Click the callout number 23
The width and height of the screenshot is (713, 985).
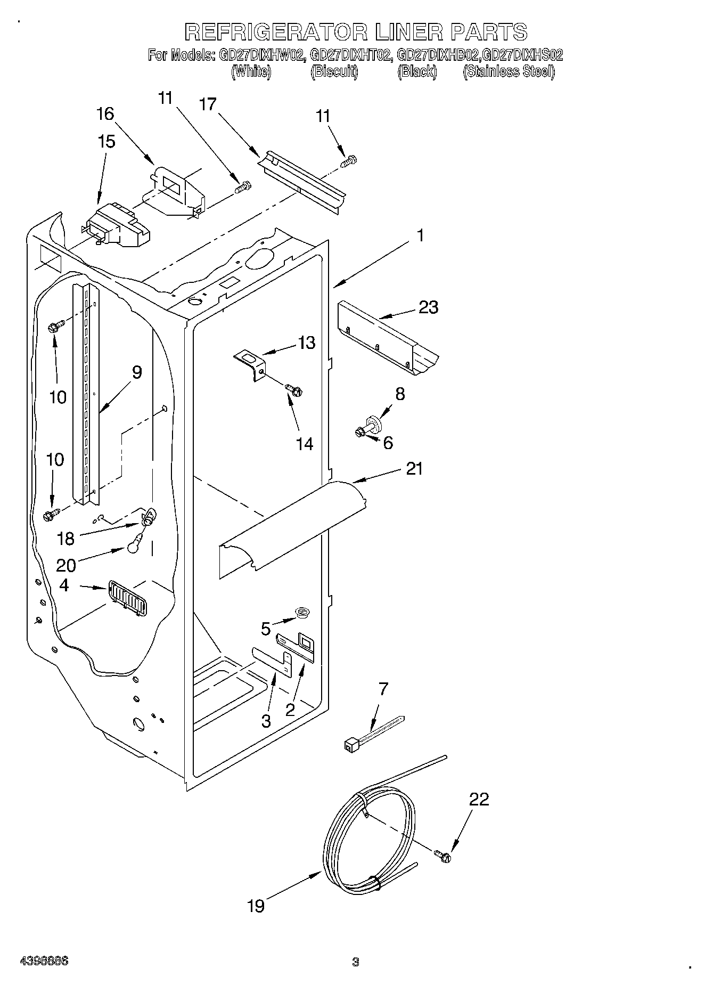pos(429,307)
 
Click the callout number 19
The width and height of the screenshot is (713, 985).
pos(256,906)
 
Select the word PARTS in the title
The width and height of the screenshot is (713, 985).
pos(488,32)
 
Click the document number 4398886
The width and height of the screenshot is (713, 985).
pos(44,962)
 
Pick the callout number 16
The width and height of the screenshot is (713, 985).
pos(105,113)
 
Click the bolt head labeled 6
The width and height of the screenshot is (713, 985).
pos(360,432)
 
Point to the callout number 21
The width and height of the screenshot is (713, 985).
pos(414,468)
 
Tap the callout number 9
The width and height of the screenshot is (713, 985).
pos(137,372)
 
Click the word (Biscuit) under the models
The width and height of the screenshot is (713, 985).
pos(334,72)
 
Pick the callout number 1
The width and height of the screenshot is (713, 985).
pos(420,235)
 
